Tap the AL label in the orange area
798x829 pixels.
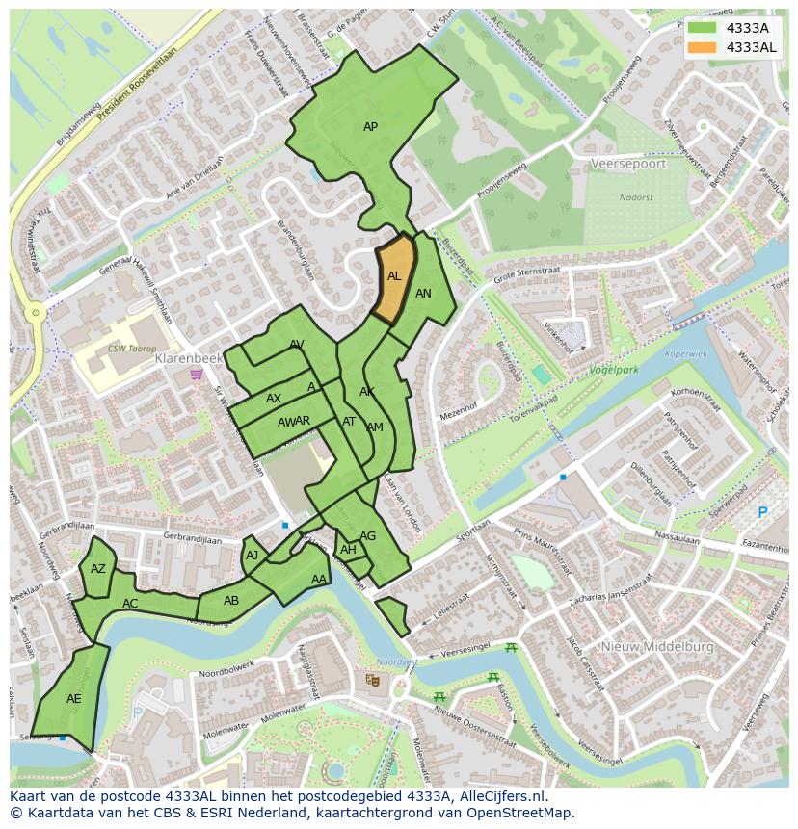pos(394,276)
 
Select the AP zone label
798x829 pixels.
pos(370,127)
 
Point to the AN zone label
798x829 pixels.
pos(423,294)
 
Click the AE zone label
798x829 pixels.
pos(74,699)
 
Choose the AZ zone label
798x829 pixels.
pos(98,569)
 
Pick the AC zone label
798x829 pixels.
pos(130,604)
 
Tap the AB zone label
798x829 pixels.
pos(231,601)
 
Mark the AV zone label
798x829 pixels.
pos(297,345)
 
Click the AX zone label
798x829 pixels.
pos(274,399)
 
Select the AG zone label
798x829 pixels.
pos(367,536)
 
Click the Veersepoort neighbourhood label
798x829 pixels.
pos(628,164)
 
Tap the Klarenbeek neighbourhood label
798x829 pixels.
pos(188,357)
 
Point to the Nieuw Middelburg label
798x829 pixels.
pos(658,647)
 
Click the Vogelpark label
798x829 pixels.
pos(615,369)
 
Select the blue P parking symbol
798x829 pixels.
pos(763,512)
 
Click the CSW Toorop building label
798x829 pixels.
pos(132,349)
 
